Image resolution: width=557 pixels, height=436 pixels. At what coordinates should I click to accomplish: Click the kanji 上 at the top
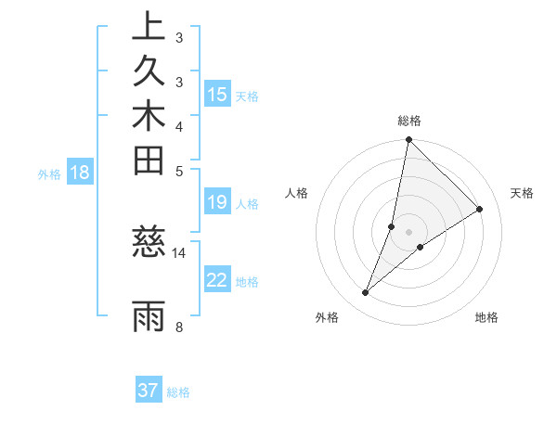(149, 26)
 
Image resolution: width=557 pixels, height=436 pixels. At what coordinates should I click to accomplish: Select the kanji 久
(149, 70)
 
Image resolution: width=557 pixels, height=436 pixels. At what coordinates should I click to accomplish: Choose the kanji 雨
(149, 315)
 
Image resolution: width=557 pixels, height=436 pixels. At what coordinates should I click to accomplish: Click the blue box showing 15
(217, 95)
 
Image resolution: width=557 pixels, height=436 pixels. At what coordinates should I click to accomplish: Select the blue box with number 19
(217, 203)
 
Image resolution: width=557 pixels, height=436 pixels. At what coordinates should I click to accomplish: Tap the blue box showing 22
(217, 280)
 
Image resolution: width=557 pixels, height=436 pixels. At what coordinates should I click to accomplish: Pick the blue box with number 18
(80, 172)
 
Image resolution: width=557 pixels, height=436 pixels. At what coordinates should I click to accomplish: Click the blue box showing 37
(149, 391)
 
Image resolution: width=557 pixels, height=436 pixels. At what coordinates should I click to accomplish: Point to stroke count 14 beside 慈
(179, 252)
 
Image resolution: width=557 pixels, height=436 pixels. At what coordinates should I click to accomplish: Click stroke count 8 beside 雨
(179, 327)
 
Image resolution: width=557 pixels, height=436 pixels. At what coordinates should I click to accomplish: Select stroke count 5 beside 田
(179, 171)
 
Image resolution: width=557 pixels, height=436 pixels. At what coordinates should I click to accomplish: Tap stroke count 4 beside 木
(179, 126)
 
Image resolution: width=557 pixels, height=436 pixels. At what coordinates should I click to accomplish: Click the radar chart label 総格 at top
(409, 121)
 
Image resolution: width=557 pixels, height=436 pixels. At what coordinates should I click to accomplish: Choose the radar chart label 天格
(523, 193)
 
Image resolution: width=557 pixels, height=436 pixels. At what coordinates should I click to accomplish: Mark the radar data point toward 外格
(366, 293)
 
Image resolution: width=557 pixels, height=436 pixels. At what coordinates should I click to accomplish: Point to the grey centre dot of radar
(409, 231)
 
